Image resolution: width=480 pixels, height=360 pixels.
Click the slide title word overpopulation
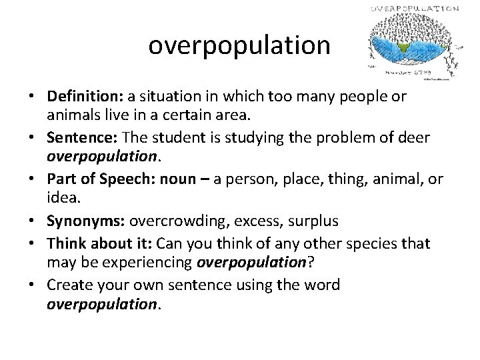tap(239, 45)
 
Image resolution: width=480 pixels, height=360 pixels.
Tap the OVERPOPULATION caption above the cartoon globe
tap(414, 9)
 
